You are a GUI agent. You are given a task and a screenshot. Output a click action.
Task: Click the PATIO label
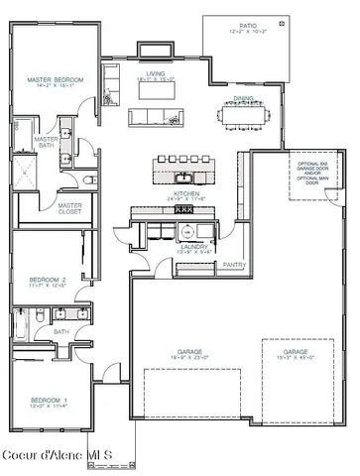tap(248, 25)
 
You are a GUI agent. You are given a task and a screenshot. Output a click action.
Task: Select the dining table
tap(244, 116)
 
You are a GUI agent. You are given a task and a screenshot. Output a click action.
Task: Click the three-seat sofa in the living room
tap(154, 117)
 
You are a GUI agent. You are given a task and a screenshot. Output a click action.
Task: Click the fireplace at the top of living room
tap(154, 50)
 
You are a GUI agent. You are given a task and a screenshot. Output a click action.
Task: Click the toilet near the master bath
tap(90, 180)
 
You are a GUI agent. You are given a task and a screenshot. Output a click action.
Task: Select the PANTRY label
tap(234, 265)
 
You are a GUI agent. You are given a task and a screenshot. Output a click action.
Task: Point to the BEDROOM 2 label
tap(48, 281)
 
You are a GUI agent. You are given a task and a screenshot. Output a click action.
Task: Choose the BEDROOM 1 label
tap(48, 401)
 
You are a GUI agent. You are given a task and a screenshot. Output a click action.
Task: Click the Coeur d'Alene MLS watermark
tap(58, 455)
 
